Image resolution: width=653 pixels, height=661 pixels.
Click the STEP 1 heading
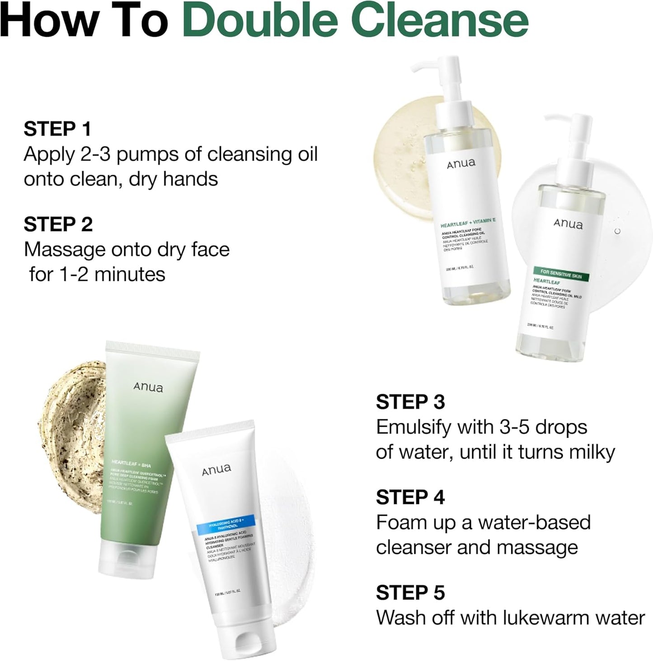point(57,129)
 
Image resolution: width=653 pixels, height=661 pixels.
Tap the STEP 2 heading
point(58,224)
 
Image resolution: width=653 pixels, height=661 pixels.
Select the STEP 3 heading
point(410,402)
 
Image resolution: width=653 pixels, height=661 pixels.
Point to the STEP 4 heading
point(410,497)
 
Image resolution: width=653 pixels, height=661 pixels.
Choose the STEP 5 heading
point(410,593)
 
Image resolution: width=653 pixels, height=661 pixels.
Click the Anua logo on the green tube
point(148,387)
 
